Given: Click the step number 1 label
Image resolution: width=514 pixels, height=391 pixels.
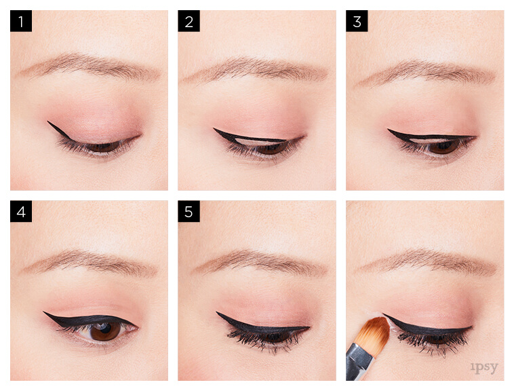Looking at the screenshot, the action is (x=21, y=21).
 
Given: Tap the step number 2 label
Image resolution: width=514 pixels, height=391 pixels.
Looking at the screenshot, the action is (x=189, y=21).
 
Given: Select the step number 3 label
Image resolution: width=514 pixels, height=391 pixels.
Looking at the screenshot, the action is (x=357, y=21).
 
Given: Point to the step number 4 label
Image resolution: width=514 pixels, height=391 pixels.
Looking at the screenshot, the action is (x=21, y=211).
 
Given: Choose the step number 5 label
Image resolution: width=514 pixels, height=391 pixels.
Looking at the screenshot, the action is (x=189, y=211).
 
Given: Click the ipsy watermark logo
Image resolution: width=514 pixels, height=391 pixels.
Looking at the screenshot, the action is (x=484, y=367).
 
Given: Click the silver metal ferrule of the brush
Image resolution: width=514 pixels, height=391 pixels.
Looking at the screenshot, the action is (x=358, y=362).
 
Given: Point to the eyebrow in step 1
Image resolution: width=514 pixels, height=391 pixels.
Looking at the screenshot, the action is (x=89, y=67).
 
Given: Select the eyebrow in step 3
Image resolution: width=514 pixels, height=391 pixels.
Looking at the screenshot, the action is (x=426, y=73).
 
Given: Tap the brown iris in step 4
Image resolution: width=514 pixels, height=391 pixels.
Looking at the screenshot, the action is (x=105, y=331).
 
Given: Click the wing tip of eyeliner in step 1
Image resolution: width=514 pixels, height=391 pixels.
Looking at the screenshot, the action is (x=48, y=122).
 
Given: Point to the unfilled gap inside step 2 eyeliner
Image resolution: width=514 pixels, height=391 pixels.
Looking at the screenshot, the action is (x=259, y=142).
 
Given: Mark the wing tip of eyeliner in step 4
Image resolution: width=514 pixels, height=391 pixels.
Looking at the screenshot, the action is (x=44, y=312).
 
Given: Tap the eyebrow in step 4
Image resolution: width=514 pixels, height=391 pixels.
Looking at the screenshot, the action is (x=89, y=263).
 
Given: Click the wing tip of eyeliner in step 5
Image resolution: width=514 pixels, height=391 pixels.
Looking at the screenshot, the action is (x=217, y=313).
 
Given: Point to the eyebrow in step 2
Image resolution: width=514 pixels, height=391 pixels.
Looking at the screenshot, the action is (x=256, y=70).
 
